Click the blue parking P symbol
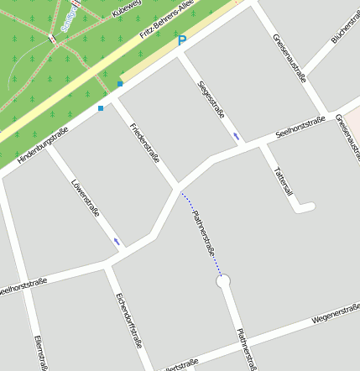coord(181,40)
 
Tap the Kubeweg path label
coord(126,8)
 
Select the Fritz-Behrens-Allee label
coord(168,29)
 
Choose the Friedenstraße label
coord(144,143)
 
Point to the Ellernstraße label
coord(39,353)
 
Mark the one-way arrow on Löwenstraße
coord(117,242)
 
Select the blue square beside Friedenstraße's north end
coord(120,84)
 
